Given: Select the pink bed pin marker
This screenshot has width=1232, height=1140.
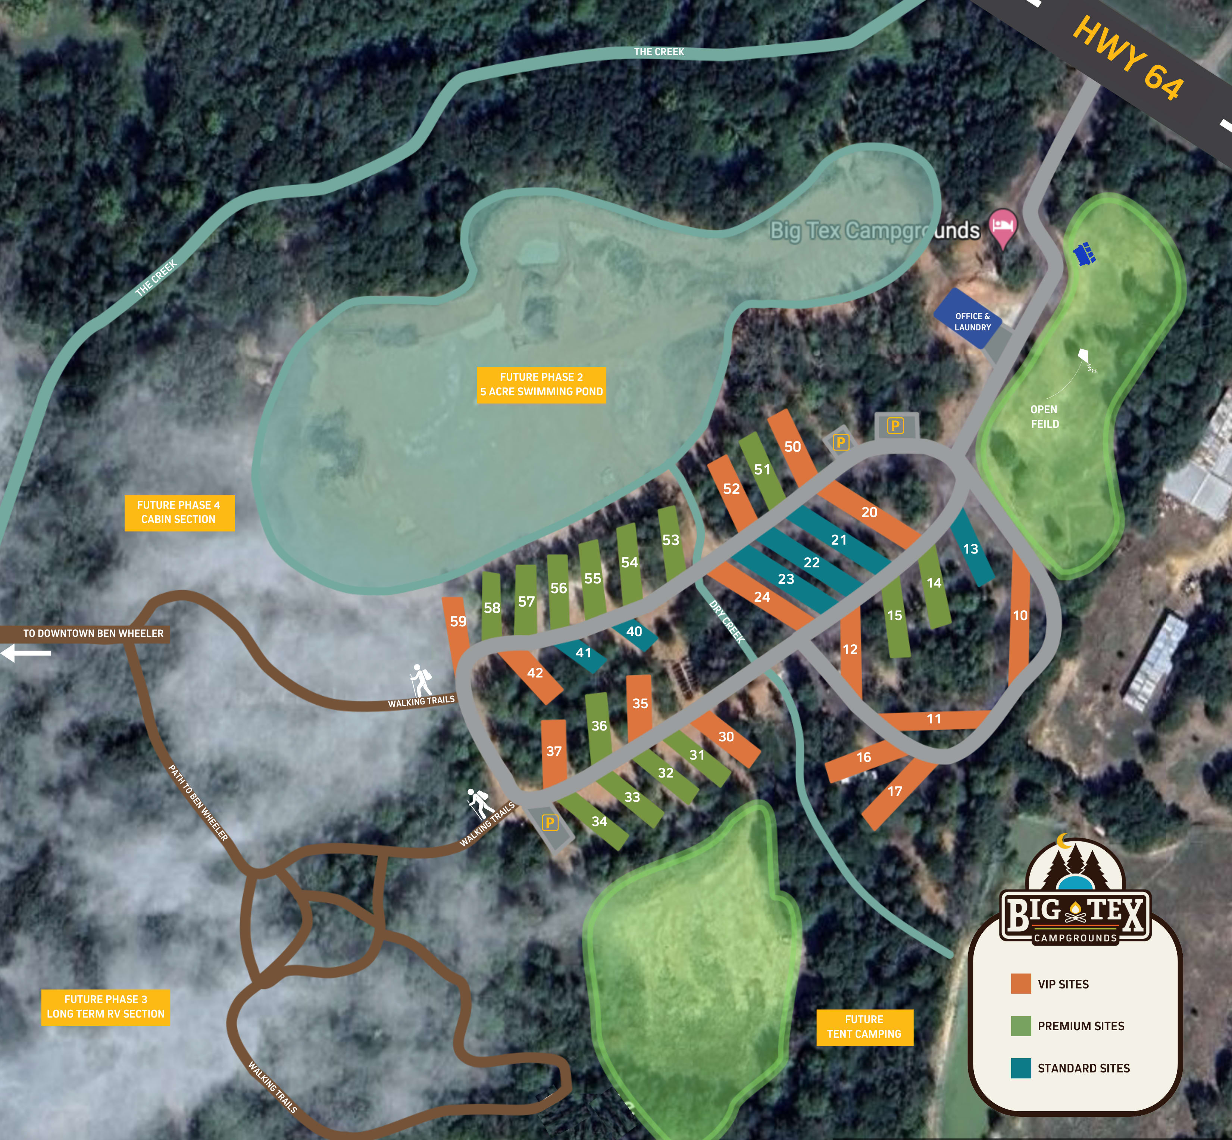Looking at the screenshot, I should coord(1003,227).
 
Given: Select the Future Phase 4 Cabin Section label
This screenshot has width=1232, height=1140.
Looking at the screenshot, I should coord(179,512).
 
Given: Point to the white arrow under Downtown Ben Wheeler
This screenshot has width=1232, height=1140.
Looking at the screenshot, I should coord(26,652).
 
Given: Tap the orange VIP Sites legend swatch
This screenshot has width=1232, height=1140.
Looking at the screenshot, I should coord(1020,983).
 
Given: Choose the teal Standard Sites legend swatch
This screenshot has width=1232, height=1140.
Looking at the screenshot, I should coord(1020,1068).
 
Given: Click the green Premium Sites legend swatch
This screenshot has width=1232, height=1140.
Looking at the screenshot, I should coord(1020,1025).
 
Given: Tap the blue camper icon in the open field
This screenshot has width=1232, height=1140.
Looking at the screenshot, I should coord(1084,253).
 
